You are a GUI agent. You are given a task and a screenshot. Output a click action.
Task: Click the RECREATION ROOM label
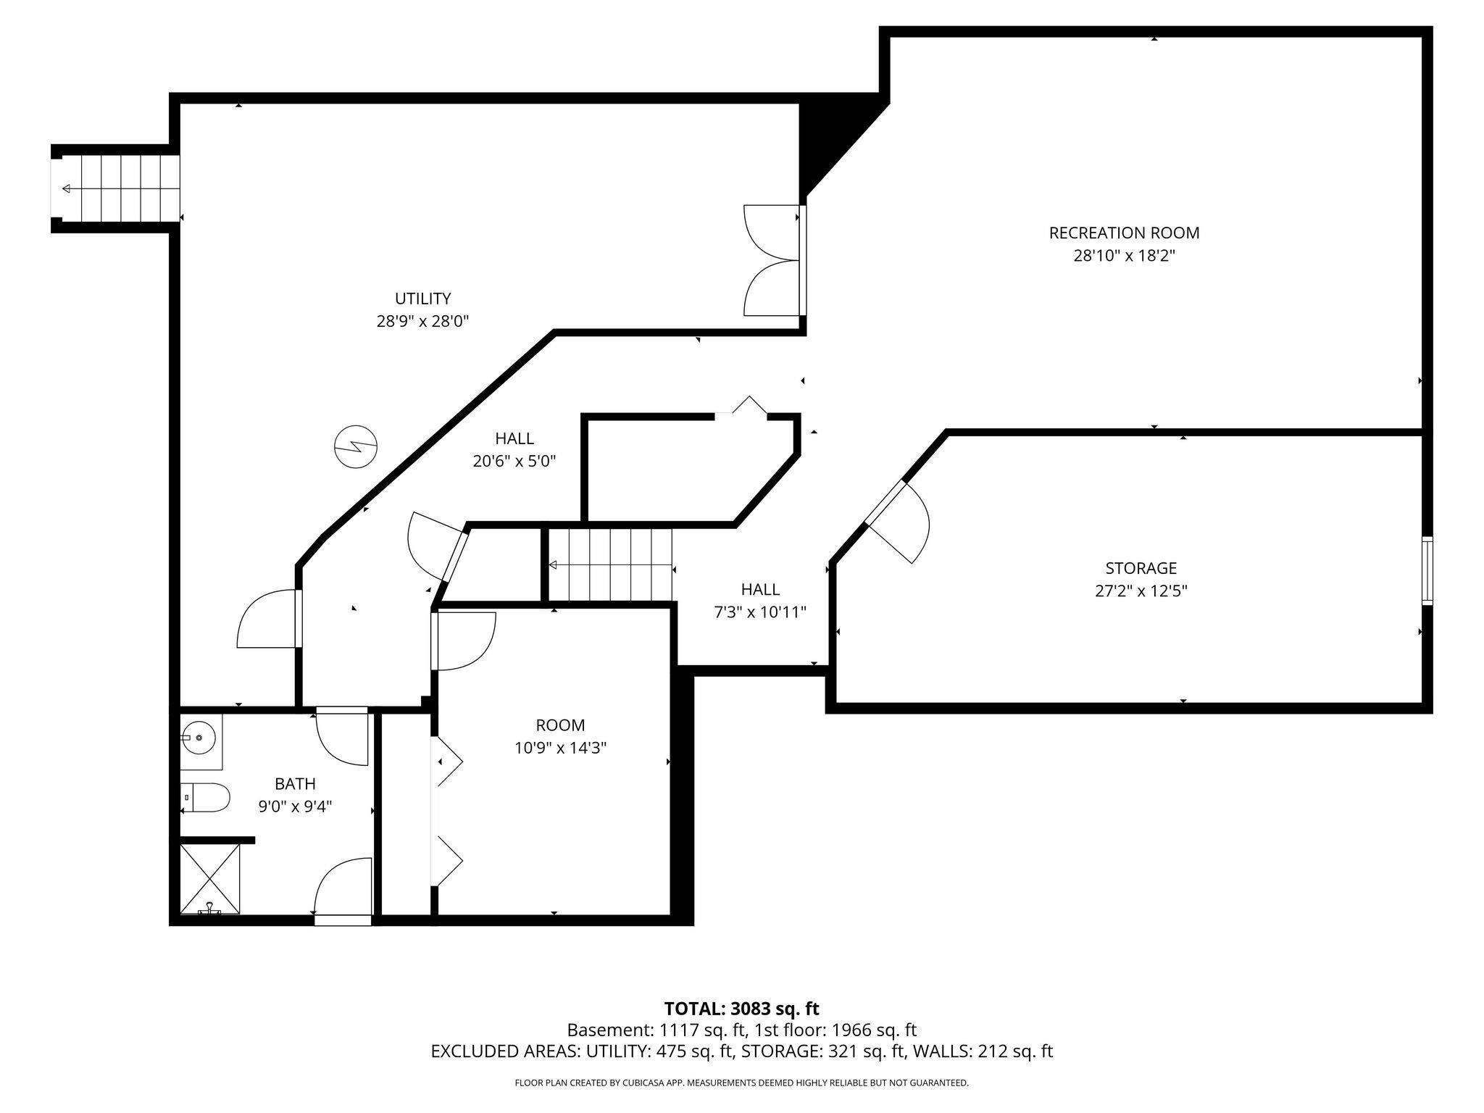[1124, 233]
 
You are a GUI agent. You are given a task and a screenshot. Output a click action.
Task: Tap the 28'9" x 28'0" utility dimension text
[422, 321]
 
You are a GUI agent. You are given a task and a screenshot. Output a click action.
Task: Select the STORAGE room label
[1141, 568]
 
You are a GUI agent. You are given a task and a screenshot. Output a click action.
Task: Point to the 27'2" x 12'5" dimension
[1141, 591]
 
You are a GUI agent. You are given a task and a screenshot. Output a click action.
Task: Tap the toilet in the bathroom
[206, 797]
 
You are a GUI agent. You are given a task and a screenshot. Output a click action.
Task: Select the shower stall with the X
[209, 878]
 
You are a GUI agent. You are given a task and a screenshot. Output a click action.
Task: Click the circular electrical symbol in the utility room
[356, 447]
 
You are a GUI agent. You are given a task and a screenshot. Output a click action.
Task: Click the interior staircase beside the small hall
[610, 565]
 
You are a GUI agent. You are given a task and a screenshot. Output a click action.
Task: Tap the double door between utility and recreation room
[773, 260]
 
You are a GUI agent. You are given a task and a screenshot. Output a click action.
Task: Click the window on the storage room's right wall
[1427, 570]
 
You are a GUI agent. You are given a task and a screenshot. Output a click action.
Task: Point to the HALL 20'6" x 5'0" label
[514, 449]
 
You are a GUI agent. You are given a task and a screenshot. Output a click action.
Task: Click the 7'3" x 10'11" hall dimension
[760, 613]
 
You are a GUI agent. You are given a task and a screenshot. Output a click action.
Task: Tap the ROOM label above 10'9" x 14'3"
[560, 725]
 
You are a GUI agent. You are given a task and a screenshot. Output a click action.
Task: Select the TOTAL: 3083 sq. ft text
[741, 1009]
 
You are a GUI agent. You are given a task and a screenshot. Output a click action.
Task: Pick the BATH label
[295, 784]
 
